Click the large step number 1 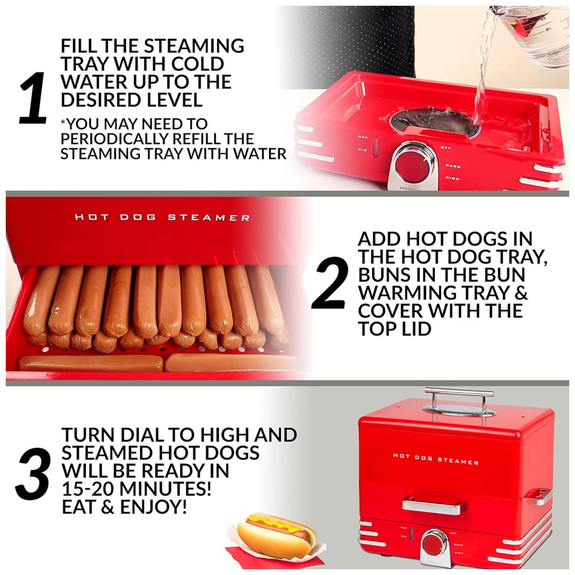coord(33,98)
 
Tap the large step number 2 coord(329,282)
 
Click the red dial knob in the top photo coord(412,165)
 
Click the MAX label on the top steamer coord(362,137)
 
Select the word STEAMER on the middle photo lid coord(209,217)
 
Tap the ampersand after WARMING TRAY coord(520,292)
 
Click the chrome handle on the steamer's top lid coord(459,401)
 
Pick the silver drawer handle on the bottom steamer coord(433,505)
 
